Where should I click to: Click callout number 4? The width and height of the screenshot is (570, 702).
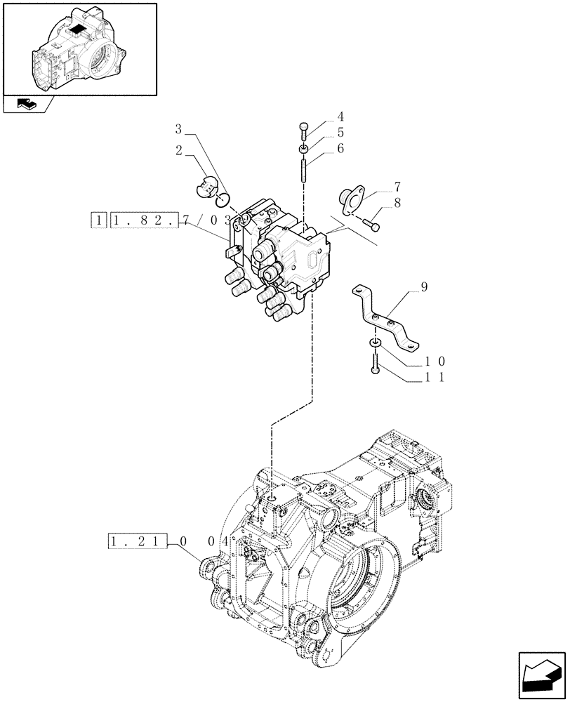(x=340, y=117)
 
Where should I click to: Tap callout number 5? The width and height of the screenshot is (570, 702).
(x=340, y=132)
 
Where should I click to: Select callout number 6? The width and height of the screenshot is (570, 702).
(x=340, y=148)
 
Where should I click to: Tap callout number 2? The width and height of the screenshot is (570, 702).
(x=178, y=150)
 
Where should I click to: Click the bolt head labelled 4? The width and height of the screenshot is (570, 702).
(x=303, y=127)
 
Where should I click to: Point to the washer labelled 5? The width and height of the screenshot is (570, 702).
(x=303, y=148)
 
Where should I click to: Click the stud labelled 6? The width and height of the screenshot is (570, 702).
(x=303, y=171)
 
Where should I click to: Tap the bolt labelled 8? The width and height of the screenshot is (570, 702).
(x=372, y=224)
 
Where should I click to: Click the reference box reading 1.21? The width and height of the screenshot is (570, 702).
(x=138, y=541)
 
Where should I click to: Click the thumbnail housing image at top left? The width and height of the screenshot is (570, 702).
(x=79, y=48)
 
